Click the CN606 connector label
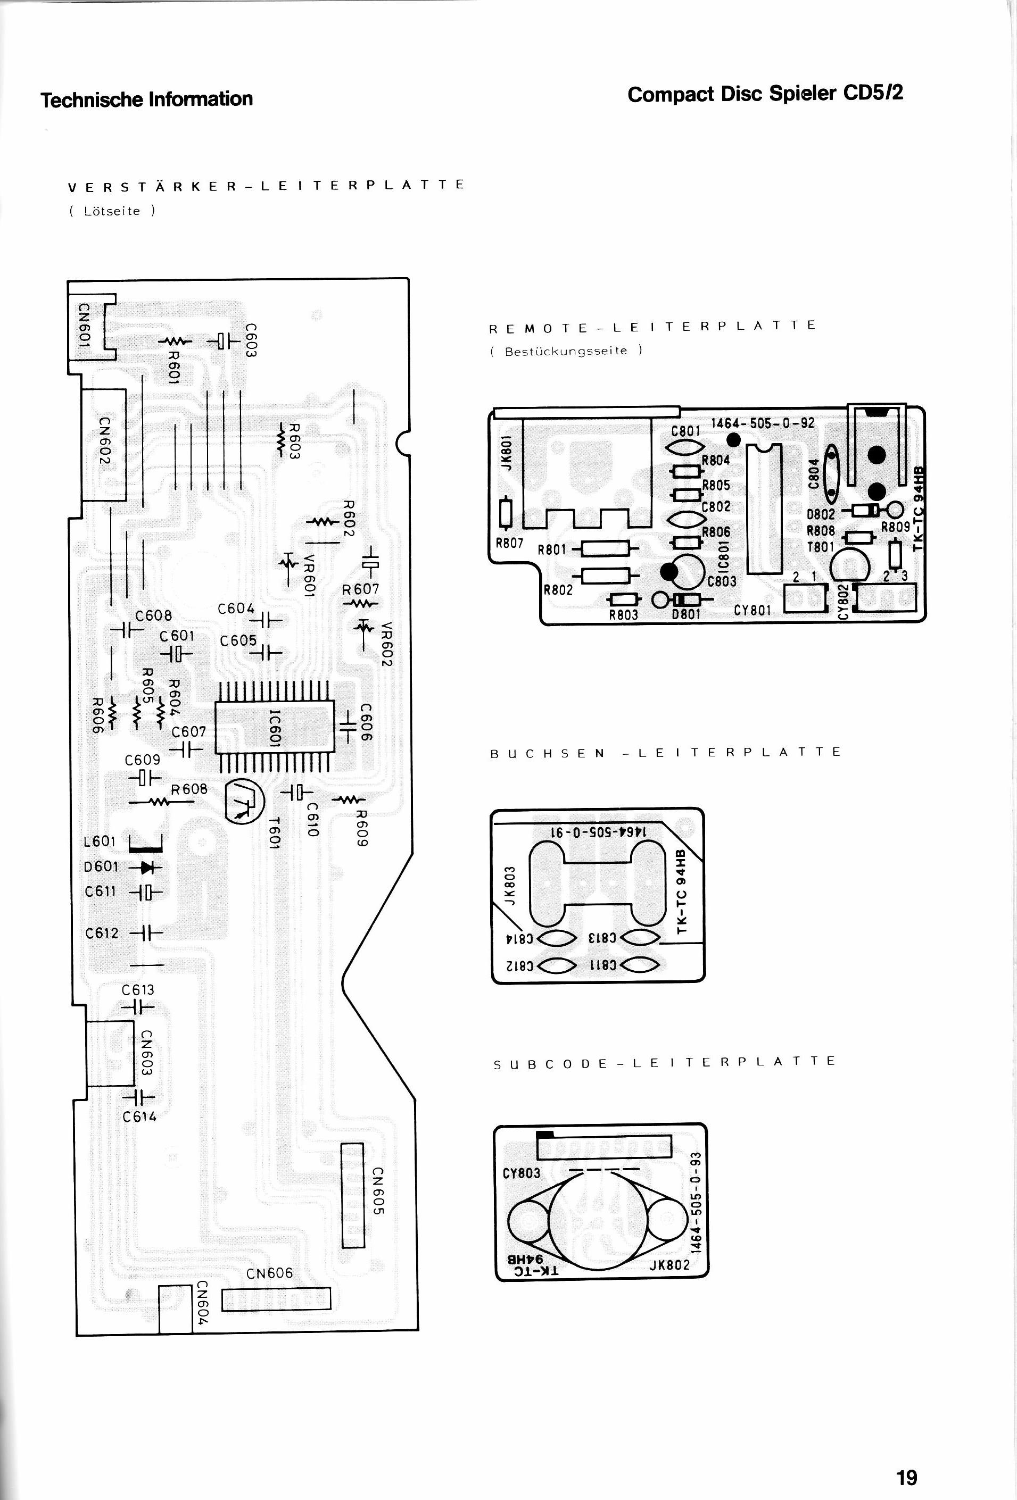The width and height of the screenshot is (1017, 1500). [x=270, y=1273]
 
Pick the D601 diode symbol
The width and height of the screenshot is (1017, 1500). [x=146, y=867]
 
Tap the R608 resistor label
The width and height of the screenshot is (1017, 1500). [x=189, y=789]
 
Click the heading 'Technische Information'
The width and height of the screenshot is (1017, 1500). [x=146, y=99]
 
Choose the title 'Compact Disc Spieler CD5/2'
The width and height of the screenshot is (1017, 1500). [x=765, y=94]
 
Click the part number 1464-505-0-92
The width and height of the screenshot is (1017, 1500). [x=763, y=423]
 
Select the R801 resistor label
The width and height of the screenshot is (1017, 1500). [x=551, y=549]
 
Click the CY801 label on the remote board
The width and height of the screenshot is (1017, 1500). [x=753, y=610]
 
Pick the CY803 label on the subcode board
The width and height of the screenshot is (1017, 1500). [x=522, y=1173]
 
